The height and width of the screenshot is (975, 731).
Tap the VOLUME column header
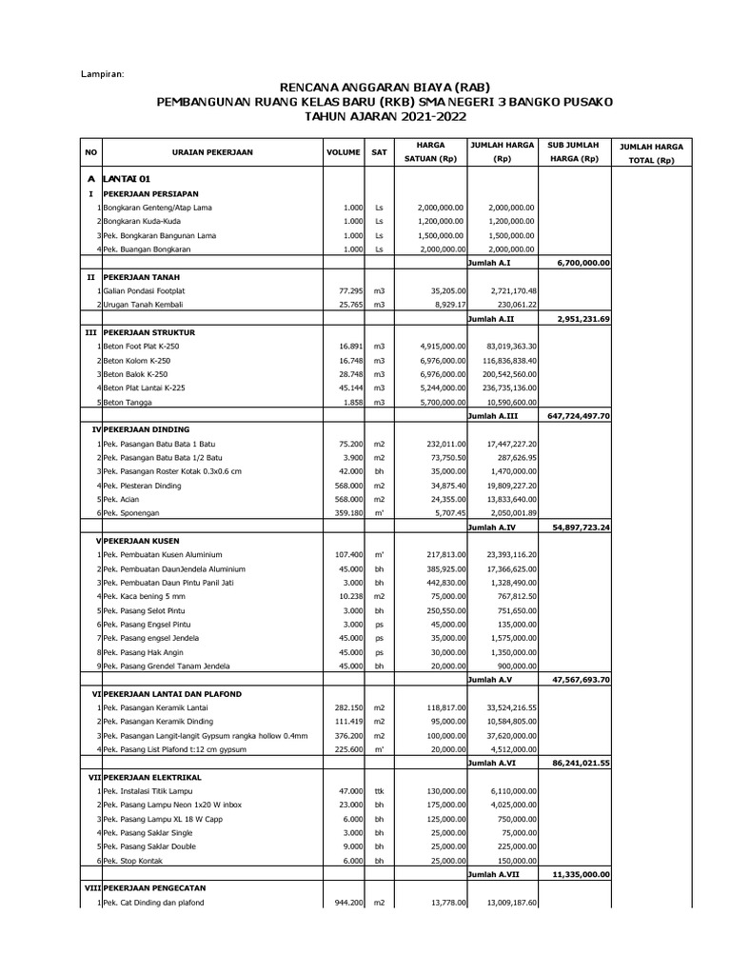(343, 151)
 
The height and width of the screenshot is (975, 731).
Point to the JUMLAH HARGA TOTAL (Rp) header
(646, 154)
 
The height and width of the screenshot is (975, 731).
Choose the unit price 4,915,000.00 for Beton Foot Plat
(440, 347)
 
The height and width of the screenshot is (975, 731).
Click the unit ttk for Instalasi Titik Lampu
(379, 791)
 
